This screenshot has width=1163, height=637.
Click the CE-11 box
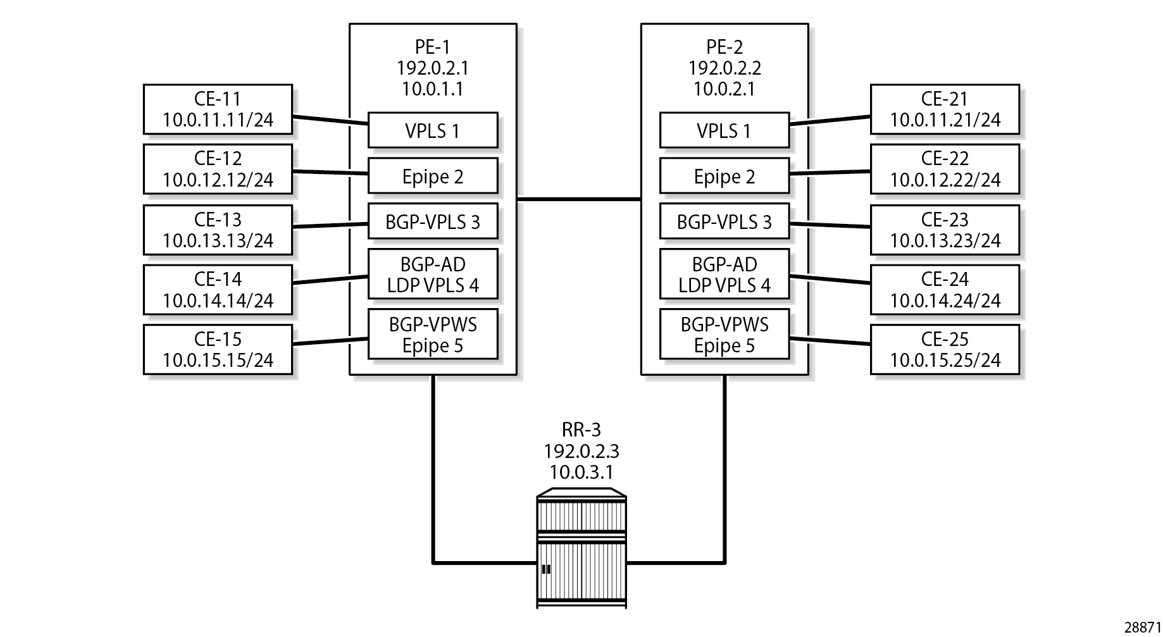218,109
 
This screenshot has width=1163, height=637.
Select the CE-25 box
945,349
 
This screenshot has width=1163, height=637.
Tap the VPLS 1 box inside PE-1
433,130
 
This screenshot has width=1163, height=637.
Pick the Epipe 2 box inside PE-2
725,176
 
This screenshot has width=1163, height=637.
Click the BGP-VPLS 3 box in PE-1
433,221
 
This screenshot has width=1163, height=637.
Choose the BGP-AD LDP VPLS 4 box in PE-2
725,274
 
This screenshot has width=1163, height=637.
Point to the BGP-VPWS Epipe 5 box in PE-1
433,334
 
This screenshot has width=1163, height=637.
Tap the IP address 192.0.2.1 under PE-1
433,68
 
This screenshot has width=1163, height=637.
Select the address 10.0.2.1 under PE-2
725,89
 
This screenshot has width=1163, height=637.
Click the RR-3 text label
581,430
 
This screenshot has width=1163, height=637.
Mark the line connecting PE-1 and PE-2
579,199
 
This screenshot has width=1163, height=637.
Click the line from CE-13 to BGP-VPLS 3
330,225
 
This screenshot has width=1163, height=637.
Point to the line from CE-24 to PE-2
830,279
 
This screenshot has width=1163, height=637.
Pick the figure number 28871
1143,627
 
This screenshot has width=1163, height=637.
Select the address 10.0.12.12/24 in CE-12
218,180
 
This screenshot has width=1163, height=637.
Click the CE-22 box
945,169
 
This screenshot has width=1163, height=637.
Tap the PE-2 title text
725,47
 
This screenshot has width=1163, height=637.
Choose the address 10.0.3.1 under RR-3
581,472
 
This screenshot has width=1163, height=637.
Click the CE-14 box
218,289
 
